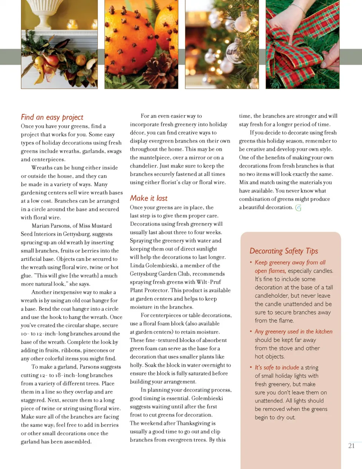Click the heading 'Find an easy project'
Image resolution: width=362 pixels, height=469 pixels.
tap(52, 117)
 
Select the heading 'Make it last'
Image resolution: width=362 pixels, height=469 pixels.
tap(149, 198)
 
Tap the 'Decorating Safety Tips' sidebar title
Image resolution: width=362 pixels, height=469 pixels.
tap(284, 251)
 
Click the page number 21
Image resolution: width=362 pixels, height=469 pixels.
tap(351, 446)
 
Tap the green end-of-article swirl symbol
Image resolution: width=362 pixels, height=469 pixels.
tap(298, 208)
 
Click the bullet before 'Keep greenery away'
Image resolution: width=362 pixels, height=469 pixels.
tap(251, 262)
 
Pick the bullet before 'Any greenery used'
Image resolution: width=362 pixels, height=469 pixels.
tap(251, 331)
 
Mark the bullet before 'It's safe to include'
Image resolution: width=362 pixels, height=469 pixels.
tap(251, 367)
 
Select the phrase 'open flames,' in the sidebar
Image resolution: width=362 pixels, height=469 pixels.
tap(270, 271)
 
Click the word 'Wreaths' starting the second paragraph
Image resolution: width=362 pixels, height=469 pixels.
tap(43, 168)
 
